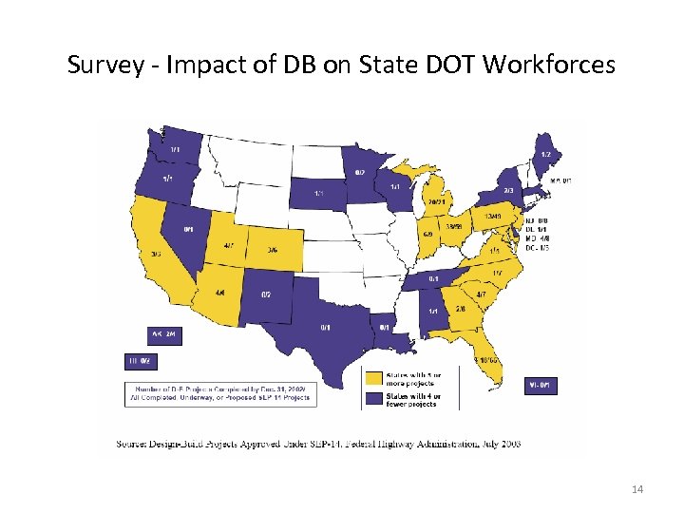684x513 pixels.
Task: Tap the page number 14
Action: [x=636, y=489]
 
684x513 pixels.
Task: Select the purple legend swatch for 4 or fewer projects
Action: [x=373, y=398]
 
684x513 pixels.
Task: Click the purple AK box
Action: [x=164, y=334]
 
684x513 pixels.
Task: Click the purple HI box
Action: [x=138, y=361]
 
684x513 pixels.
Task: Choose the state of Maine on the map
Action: [x=545, y=152]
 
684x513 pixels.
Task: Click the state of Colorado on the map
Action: [x=273, y=249]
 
